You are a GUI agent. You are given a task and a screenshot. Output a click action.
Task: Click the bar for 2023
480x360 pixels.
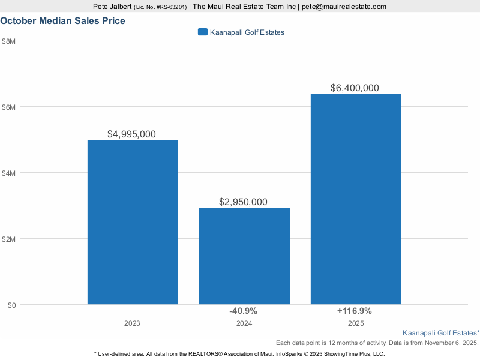coord(133,222)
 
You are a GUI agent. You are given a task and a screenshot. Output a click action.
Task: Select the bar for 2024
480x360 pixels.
coord(244,256)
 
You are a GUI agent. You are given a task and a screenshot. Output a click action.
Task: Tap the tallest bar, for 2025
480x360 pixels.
coord(356,199)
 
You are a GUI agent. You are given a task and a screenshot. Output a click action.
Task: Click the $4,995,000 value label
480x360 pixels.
coord(131,134)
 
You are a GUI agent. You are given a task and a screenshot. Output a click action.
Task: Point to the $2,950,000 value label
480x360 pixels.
coord(243,202)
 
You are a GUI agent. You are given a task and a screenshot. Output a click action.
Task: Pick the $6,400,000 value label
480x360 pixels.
coord(355,88)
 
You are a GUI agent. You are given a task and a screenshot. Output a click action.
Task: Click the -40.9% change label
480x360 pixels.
coord(243,311)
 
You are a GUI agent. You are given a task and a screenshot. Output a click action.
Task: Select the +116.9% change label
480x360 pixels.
coord(355,311)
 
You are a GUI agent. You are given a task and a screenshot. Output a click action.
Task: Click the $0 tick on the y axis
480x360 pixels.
coord(11,305)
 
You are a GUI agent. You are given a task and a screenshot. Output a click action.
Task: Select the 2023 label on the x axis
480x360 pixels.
coord(133,323)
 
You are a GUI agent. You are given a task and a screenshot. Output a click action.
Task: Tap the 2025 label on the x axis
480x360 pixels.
coord(356,323)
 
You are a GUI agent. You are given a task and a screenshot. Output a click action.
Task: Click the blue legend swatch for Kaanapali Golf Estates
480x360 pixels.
coord(202,32)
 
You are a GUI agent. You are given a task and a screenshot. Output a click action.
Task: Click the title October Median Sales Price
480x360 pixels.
coord(63,20)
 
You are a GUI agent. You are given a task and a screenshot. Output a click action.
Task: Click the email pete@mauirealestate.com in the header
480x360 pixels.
coord(344,7)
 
